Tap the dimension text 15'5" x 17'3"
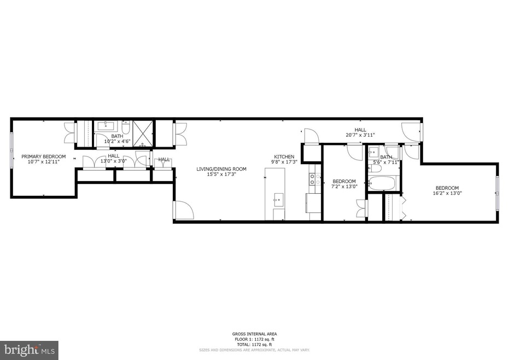221,175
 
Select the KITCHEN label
284,156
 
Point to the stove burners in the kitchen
314,178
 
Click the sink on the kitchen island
277,198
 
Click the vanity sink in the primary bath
104,126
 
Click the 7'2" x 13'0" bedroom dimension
344,187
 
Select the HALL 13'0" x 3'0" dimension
113,161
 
